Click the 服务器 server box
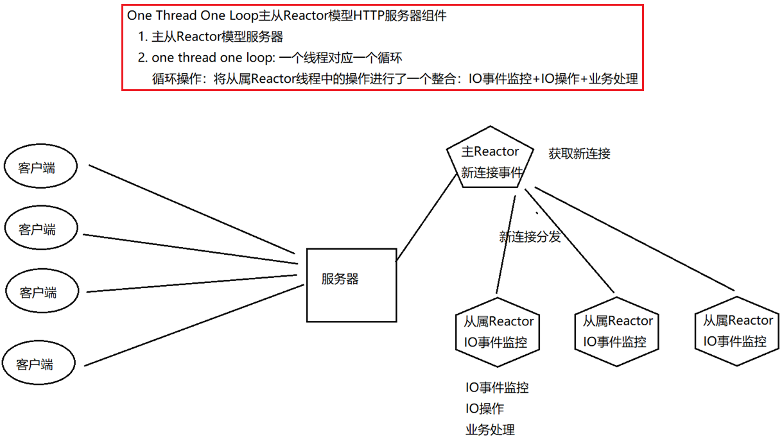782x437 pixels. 351,284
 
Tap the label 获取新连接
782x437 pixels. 579,154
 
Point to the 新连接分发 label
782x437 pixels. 530,237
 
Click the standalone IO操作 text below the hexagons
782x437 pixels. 485,409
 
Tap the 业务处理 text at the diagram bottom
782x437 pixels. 490,429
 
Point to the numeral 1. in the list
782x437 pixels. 143,37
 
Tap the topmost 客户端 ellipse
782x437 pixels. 40,168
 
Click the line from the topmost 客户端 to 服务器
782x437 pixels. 193,214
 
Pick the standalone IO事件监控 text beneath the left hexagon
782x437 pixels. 497,388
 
